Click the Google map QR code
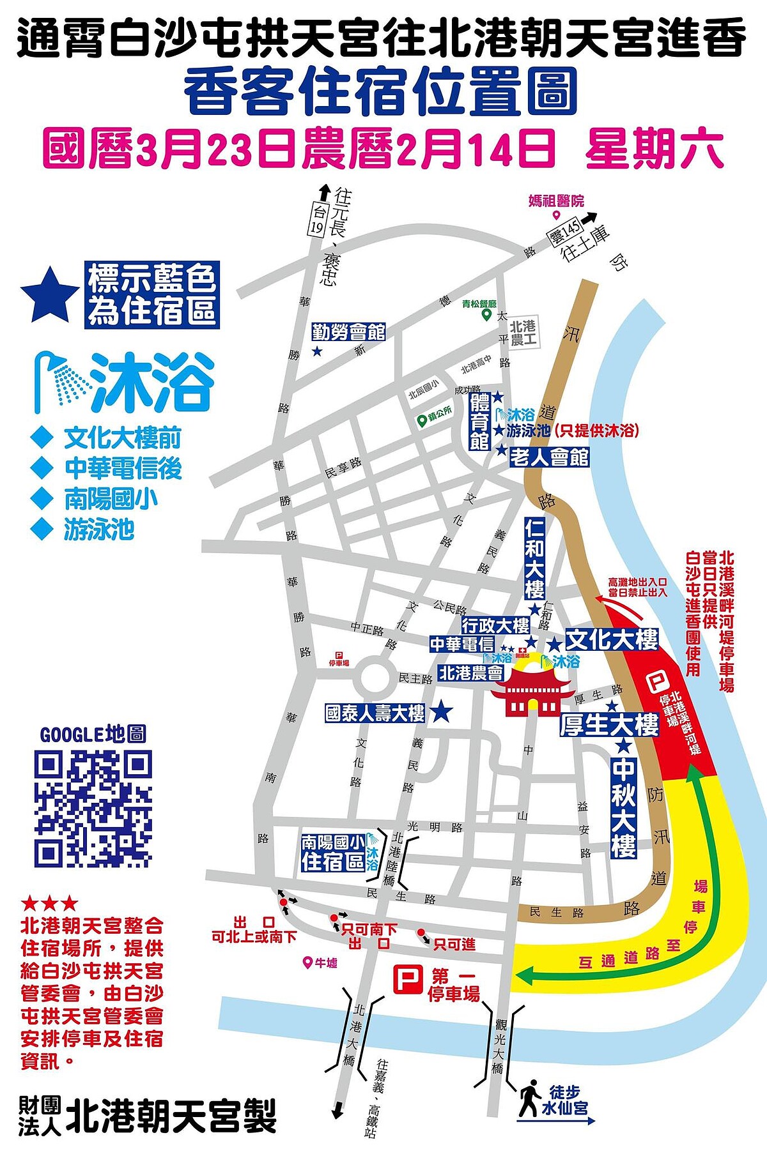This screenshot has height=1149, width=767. (93, 808)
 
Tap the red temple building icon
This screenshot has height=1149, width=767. (531, 694)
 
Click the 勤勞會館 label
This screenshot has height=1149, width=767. (348, 332)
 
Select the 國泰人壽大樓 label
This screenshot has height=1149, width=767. (375, 713)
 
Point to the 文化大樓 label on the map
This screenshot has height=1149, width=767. (612, 639)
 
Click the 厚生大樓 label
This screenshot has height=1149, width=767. (609, 725)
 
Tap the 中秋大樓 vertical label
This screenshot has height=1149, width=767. (624, 807)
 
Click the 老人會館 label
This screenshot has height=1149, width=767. (549, 457)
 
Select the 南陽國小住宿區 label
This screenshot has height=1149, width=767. (334, 853)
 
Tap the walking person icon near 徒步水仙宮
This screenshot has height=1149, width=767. (530, 1098)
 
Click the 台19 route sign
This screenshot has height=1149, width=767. (318, 220)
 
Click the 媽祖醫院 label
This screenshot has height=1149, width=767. (556, 201)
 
